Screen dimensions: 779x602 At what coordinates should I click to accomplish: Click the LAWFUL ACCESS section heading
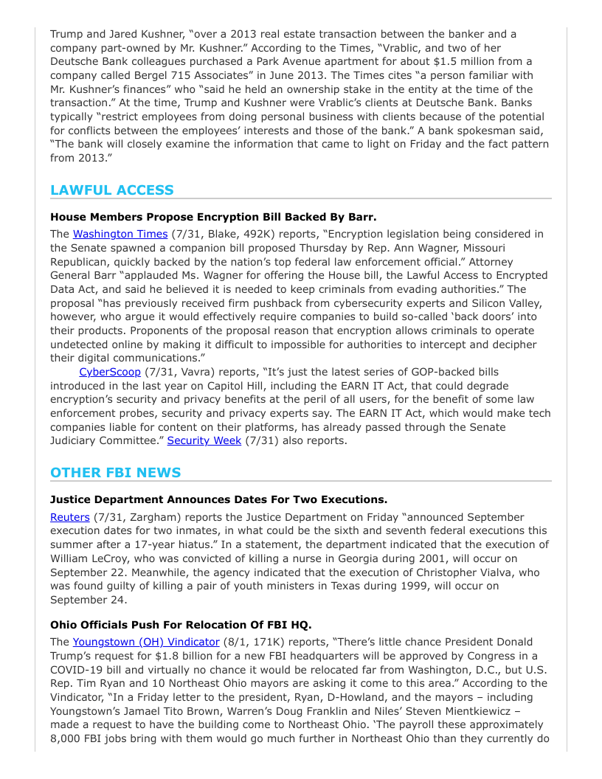coord(112,190)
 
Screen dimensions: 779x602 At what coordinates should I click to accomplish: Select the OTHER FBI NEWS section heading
coord(115,472)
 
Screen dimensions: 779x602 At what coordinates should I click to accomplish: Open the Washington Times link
coord(120,234)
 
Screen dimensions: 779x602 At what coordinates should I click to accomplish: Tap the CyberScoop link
coord(110,372)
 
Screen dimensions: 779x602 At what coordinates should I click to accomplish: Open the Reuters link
coord(70,517)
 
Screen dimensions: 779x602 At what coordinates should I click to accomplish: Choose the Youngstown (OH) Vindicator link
coord(146,642)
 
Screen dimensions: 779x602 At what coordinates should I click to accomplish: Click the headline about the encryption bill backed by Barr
coord(213,217)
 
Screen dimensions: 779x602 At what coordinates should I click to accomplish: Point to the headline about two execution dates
coord(218,499)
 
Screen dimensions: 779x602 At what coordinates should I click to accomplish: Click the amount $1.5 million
coord(455,61)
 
